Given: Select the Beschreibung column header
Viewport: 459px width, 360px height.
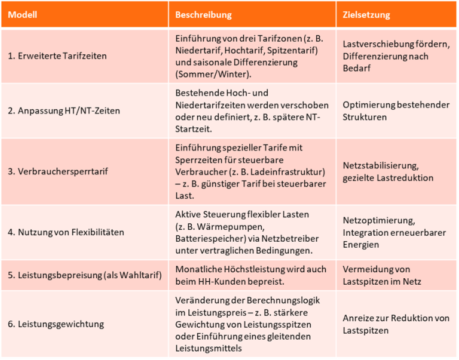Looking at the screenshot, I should pyautogui.click(x=203, y=14).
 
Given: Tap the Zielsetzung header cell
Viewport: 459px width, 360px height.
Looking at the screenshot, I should pyautogui.click(x=366, y=14).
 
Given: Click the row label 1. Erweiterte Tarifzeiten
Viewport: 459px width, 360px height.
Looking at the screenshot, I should pyautogui.click(x=57, y=56).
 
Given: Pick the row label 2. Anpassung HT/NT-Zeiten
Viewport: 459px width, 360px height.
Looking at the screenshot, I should pyautogui.click(x=64, y=111).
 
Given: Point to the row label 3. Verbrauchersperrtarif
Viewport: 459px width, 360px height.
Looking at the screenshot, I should pyautogui.click(x=58, y=172).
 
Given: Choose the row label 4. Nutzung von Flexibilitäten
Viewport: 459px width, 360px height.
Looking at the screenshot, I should pyautogui.click(x=66, y=232).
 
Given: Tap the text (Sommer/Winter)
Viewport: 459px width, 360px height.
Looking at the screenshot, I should pyautogui.click(x=214, y=75).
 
